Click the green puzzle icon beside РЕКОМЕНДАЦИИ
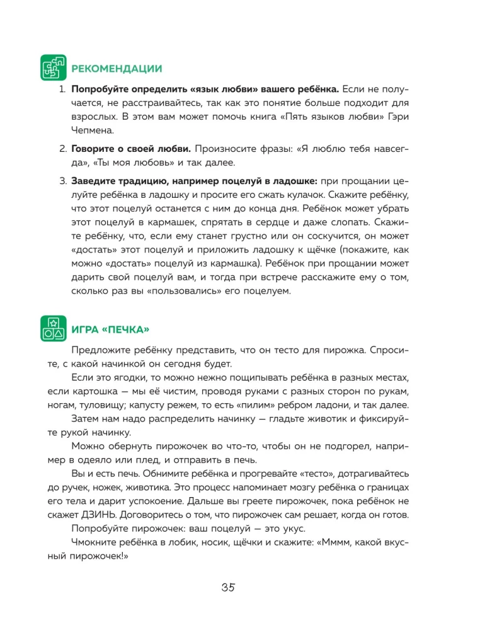pyautogui.click(x=53, y=67)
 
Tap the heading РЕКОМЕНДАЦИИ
pyautogui.click(x=117, y=69)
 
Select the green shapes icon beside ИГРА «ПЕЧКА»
pyautogui.click(x=53, y=328)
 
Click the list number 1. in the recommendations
pyautogui.click(x=62, y=89)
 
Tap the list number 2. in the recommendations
pyautogui.click(x=62, y=149)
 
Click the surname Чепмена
pyautogui.click(x=93, y=131)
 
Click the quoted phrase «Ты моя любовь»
pyautogui.click(x=129, y=163)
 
